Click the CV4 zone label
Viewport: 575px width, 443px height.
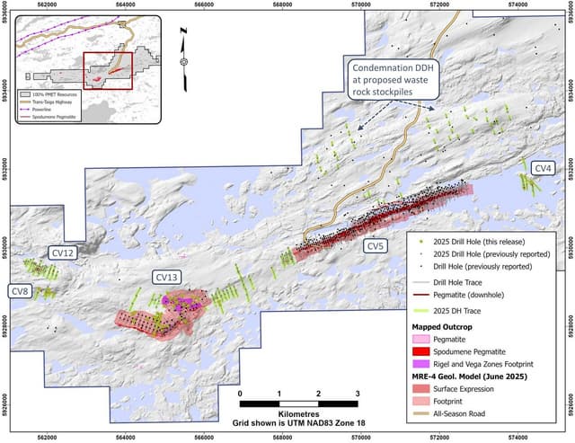544,168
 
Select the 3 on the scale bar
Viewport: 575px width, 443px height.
358,394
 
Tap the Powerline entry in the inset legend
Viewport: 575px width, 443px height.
45,110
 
